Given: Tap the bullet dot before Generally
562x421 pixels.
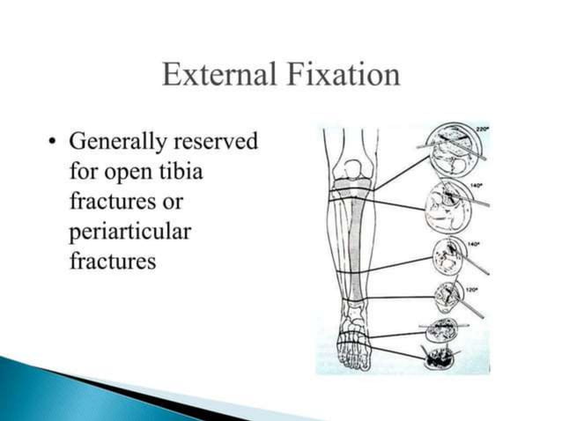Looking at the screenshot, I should tap(55, 142).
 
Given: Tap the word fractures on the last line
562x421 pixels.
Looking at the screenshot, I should tap(112, 262).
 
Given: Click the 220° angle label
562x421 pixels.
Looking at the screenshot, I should tap(482, 129).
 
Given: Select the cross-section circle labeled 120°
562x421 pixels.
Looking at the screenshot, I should tap(447, 298).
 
